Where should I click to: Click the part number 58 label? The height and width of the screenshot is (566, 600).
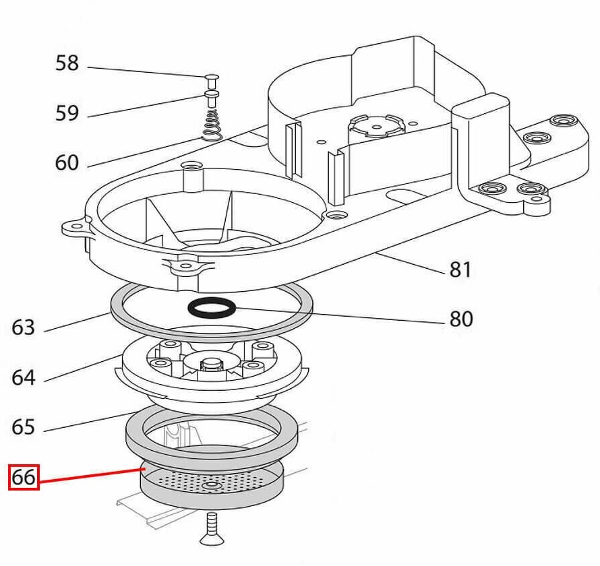[67, 63]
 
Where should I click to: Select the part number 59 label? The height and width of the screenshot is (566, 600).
[67, 113]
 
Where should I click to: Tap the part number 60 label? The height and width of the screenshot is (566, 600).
[67, 162]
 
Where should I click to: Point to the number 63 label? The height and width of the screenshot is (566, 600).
[23, 328]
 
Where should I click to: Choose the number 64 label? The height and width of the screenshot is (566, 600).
[23, 377]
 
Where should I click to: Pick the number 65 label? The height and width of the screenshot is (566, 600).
[23, 427]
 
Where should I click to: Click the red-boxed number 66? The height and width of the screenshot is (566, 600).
[24, 478]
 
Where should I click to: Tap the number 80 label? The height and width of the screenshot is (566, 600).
[461, 318]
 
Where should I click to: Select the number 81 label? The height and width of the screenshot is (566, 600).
[460, 270]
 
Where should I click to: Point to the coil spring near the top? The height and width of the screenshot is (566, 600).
[212, 125]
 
